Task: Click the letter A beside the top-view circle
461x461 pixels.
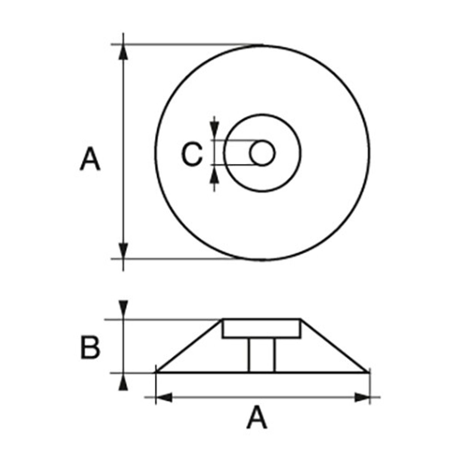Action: [90, 159]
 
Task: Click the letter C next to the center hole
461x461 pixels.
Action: [192, 154]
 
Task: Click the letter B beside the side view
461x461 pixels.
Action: [90, 348]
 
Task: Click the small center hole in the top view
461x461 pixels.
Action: [262, 153]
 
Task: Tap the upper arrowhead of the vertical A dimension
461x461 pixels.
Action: [123, 52]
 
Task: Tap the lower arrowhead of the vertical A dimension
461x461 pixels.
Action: [123, 251]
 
